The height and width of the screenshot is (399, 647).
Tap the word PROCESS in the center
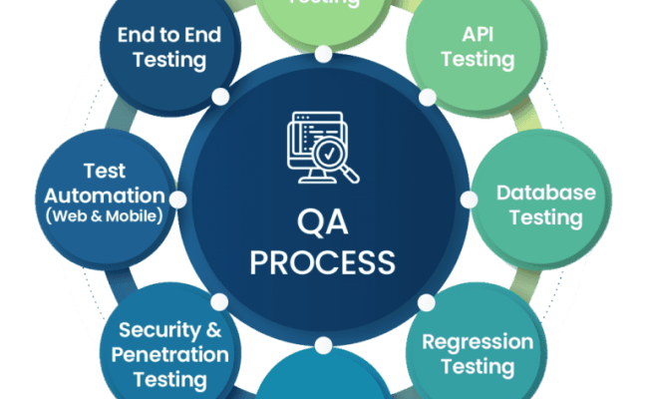(322, 261)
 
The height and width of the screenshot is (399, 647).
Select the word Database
(545, 192)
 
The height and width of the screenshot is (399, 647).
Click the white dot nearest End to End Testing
(219, 97)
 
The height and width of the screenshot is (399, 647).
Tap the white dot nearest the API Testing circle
(427, 97)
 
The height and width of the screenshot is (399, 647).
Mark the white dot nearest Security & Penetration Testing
(219, 300)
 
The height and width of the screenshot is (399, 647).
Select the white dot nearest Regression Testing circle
(427, 300)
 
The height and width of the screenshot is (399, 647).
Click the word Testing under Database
(545, 216)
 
